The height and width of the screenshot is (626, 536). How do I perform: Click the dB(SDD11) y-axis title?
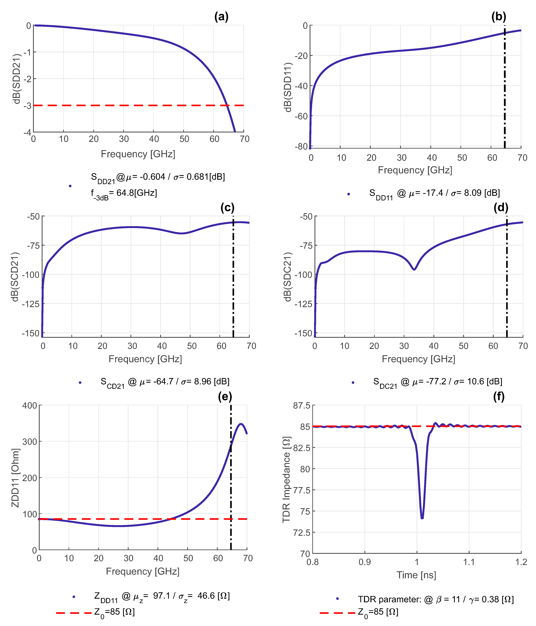pos(289,87)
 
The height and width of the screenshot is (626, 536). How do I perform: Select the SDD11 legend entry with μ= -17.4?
pos(434,193)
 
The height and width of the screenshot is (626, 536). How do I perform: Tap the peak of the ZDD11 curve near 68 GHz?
pos(241,424)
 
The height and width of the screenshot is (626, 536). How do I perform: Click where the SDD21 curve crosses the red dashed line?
pos(228,105)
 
